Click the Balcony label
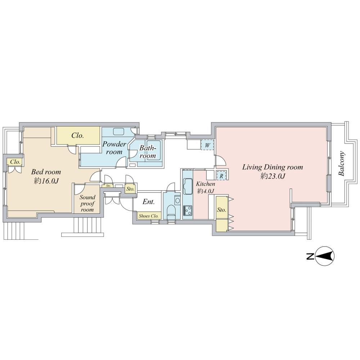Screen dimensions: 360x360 pyautogui.click(x=342, y=164)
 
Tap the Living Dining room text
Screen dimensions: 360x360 pyautogui.click(x=272, y=167)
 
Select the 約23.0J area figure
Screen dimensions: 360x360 pyautogui.click(x=273, y=176)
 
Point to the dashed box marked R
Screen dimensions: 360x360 pyautogui.click(x=222, y=176)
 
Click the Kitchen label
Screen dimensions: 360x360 pyautogui.click(x=205, y=184)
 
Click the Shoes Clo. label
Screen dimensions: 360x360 pyautogui.click(x=149, y=216)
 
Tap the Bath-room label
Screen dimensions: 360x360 pyautogui.click(x=148, y=152)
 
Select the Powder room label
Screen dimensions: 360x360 pyautogui.click(x=114, y=148)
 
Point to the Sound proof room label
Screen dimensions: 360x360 pyautogui.click(x=87, y=203)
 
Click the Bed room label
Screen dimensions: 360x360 pyautogui.click(x=46, y=172)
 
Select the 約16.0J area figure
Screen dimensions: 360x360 pyautogui.click(x=46, y=181)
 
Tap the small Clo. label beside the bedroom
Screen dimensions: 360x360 pyautogui.click(x=15, y=162)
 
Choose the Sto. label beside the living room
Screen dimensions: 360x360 pyautogui.click(x=221, y=210)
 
